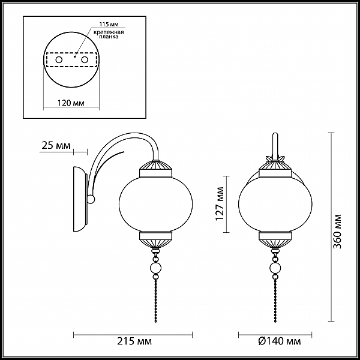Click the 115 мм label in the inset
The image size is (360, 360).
(x=109, y=25)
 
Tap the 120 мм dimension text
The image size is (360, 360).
(x=71, y=103)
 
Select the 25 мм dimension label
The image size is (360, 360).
(x=56, y=145)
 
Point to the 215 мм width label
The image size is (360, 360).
(x=134, y=341)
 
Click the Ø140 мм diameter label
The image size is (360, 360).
(x=279, y=341)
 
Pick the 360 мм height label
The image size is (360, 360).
(x=337, y=232)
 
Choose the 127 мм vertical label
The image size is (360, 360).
(x=220, y=204)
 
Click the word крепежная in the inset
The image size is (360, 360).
(x=109, y=32)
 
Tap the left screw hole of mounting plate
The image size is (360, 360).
(x=59, y=60)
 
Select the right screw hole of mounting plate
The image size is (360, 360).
(x=85, y=60)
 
